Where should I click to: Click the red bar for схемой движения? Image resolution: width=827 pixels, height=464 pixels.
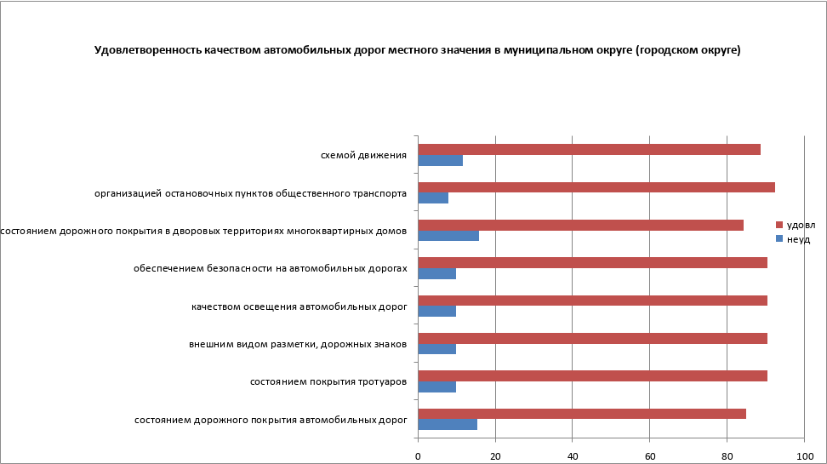pyautogui.click(x=589, y=150)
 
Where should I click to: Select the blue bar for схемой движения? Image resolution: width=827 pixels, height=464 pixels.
pyautogui.click(x=441, y=160)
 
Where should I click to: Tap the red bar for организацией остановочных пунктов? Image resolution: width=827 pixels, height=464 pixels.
pyautogui.click(x=596, y=187)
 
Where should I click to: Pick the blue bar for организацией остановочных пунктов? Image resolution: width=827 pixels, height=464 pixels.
pyautogui.click(x=433, y=198)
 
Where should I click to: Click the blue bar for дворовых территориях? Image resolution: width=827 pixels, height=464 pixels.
pyautogui.click(x=448, y=236)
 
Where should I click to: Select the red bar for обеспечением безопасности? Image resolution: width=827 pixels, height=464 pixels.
pyautogui.click(x=593, y=262)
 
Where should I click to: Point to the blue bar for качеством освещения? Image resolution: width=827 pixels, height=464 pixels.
pyautogui.click(x=437, y=311)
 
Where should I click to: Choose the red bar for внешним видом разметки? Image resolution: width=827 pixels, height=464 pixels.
pyautogui.click(x=593, y=338)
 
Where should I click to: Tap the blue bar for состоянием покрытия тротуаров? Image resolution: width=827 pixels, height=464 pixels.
pyautogui.click(x=437, y=387)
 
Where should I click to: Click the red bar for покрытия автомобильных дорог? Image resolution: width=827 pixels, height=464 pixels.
pyautogui.click(x=582, y=414)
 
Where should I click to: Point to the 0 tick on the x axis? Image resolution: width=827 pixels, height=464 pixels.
pyautogui.click(x=418, y=455)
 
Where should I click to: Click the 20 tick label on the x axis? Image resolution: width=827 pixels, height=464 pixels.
pyautogui.click(x=495, y=455)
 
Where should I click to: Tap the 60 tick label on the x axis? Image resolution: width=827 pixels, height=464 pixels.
pyautogui.click(x=649, y=455)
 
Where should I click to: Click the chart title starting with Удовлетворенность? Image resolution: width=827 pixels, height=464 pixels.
pyautogui.click(x=417, y=50)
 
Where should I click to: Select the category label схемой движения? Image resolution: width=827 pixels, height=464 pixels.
pyautogui.click(x=363, y=155)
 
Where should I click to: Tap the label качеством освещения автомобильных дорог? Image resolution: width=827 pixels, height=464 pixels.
pyautogui.click(x=299, y=306)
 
